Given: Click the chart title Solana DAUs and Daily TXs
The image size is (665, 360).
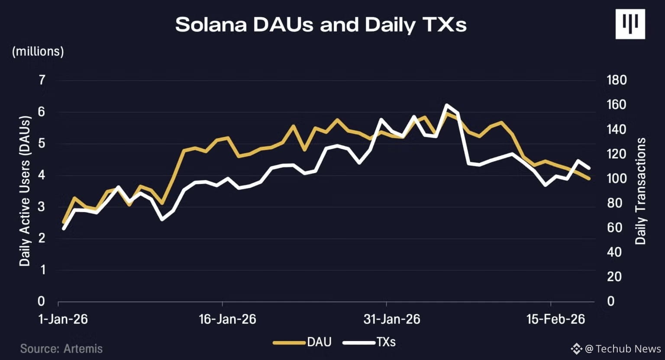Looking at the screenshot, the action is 321,25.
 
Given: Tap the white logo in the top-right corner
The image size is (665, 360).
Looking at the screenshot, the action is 630,24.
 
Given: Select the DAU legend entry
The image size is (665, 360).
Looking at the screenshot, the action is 302,342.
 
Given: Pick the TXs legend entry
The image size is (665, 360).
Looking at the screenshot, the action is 369,342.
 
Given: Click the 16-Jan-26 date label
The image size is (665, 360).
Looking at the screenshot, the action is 227,319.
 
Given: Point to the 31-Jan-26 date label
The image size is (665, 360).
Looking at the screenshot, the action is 392,319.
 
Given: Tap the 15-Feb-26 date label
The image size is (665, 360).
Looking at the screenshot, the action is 556,319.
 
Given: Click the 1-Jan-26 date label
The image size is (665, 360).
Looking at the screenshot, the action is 63,319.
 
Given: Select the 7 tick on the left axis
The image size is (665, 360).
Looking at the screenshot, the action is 42,80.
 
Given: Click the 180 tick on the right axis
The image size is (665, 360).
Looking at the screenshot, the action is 617,80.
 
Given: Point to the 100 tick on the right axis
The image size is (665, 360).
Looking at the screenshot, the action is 617,179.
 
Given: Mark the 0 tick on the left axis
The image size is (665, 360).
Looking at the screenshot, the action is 41,301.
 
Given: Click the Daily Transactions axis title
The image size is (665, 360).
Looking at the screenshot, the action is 641,191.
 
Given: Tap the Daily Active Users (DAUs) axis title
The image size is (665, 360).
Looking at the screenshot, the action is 25,191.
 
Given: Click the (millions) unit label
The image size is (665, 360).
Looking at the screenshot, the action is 38,51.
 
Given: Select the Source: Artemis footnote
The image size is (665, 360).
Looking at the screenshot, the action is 61,349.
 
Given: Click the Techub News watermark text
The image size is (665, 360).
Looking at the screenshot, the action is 623,349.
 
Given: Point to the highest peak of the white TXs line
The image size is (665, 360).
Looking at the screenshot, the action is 446,105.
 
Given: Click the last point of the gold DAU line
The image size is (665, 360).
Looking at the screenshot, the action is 589,178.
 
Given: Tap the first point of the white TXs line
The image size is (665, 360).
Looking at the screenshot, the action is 64,229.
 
